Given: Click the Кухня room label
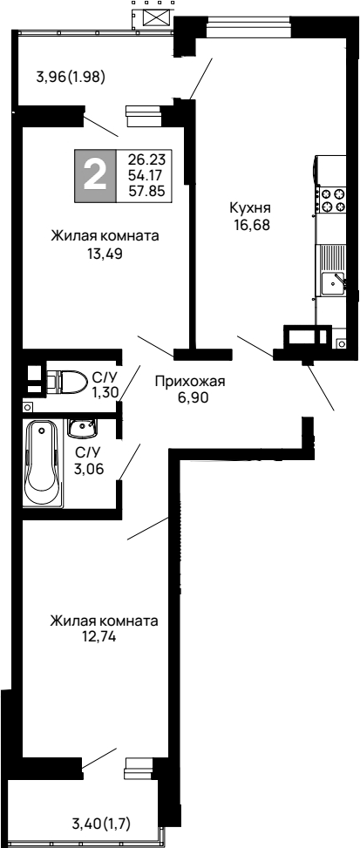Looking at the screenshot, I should point(251,208).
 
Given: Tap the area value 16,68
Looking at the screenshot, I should point(251,223).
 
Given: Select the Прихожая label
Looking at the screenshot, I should point(190,381).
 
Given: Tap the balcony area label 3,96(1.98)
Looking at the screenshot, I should point(71,76).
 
